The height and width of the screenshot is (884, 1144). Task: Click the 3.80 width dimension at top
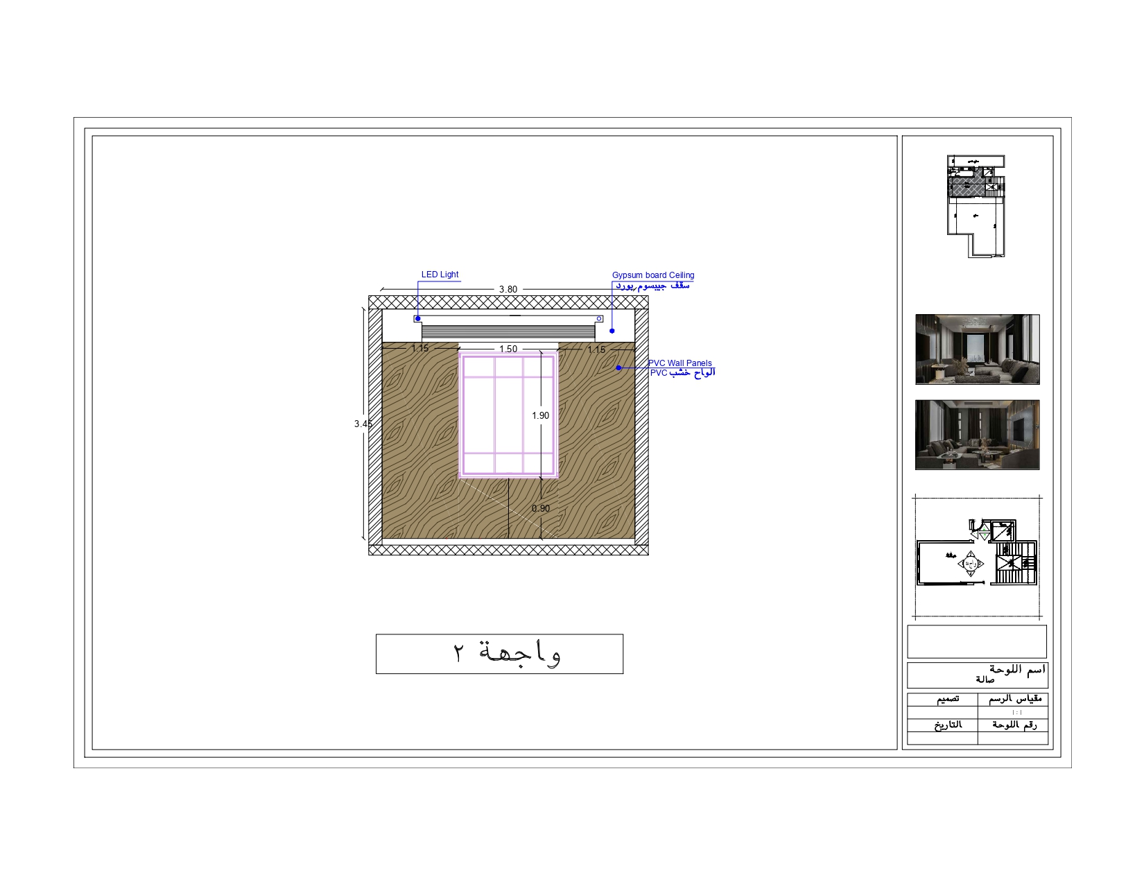point(508,289)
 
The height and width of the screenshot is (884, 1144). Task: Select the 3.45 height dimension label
point(363,424)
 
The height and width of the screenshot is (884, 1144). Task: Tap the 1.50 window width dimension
point(508,349)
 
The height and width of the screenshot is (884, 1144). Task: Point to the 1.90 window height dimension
point(540,415)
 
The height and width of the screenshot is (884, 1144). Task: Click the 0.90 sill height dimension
point(540,508)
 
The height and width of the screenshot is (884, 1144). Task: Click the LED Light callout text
point(440,275)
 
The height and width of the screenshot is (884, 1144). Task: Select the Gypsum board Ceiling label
point(652,275)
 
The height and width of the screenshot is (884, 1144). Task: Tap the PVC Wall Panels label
point(679,363)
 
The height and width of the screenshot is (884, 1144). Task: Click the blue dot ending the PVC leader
point(618,368)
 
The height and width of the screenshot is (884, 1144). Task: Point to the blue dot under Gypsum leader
point(612,331)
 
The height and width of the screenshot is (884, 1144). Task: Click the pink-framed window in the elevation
point(508,415)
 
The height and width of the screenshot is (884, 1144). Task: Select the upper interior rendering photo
point(977,349)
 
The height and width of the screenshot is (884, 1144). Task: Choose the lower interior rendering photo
point(977,435)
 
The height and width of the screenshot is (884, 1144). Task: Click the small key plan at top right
point(976,206)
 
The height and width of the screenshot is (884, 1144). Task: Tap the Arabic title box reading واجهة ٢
point(499,653)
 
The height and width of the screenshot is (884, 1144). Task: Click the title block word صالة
point(985,680)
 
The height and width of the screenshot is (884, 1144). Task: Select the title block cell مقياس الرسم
point(1015,699)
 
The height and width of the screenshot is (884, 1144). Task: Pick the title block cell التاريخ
point(947,725)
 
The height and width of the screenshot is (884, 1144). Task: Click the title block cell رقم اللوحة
point(1014,725)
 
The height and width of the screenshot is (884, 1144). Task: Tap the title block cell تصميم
point(948,699)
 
